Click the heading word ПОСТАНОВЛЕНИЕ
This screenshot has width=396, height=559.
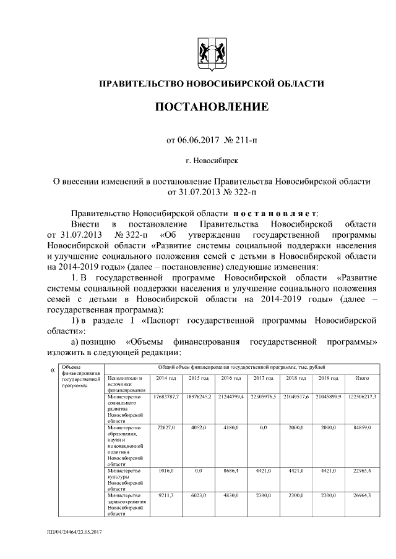pyautogui.click(x=212, y=107)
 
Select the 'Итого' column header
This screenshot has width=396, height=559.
pyautogui.click(x=363, y=377)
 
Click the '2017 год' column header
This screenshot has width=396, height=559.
pyautogui.click(x=264, y=377)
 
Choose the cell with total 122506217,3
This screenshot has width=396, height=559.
pyautogui.click(x=363, y=396)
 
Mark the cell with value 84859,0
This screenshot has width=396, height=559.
pyautogui.click(x=363, y=427)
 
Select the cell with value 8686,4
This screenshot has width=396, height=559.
pyautogui.click(x=231, y=471)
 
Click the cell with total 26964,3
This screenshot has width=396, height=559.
pyautogui.click(x=363, y=495)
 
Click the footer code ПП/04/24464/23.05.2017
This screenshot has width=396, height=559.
pyautogui.click(x=74, y=532)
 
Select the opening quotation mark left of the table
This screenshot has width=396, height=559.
pyautogui.click(x=51, y=370)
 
